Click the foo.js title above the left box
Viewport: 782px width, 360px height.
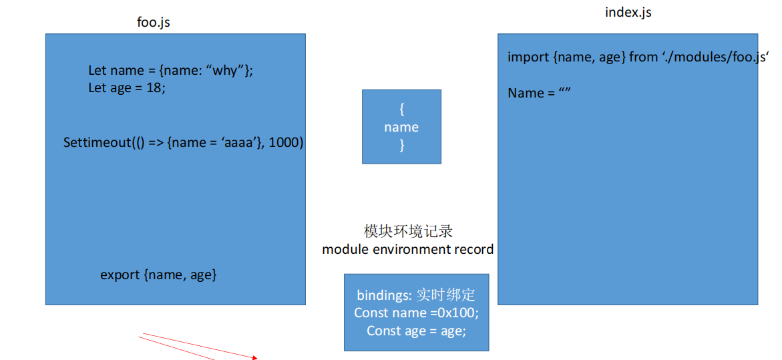pos(154,23)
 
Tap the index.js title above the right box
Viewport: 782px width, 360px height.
pos(628,13)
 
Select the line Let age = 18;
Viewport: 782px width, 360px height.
pos(127,87)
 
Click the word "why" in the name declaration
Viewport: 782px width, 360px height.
pos(228,71)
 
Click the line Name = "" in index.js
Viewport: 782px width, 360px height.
pos(539,94)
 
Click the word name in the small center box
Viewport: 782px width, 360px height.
pos(401,127)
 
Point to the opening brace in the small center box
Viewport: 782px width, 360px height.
pos(402,109)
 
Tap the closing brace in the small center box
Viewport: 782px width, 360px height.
pos(402,145)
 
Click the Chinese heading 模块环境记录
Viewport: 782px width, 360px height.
pos(408,231)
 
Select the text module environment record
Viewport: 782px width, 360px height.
pos(408,249)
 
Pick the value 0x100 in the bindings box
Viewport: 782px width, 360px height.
pos(454,313)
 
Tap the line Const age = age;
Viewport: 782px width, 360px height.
pos(417,331)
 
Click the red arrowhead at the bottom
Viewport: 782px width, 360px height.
pos(254,357)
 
